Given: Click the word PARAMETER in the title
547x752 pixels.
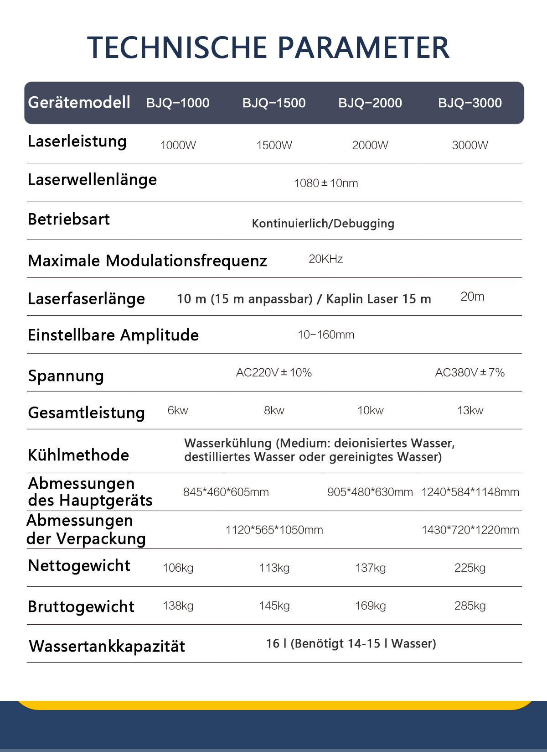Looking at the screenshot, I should click(x=363, y=47).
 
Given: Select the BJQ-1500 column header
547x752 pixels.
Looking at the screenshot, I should click(x=274, y=103).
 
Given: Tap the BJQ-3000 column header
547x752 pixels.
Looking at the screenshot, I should click(x=470, y=103).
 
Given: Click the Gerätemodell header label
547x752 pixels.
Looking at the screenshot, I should click(x=79, y=103).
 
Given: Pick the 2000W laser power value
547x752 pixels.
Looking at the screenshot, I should click(x=370, y=146).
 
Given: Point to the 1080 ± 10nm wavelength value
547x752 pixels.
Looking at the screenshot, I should click(x=326, y=183).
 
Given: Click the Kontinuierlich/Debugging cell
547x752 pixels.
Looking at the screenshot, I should click(x=323, y=224).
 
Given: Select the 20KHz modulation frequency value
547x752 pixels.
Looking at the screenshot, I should click(x=325, y=259).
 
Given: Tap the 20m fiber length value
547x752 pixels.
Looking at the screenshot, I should click(x=472, y=297).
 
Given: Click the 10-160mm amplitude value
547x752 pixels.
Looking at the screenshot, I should click(x=326, y=335).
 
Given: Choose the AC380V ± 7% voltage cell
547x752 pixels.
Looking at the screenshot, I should click(x=470, y=373).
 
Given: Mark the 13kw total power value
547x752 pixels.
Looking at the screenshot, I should click(x=470, y=411).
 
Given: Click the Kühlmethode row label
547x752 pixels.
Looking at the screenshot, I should click(x=78, y=455).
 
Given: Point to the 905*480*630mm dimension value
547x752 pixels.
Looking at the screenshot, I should click(x=370, y=492).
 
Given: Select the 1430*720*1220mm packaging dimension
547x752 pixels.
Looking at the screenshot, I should click(x=470, y=530).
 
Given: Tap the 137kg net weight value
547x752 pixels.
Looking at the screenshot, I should click(x=370, y=568).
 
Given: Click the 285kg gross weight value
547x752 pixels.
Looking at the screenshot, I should click(x=470, y=606).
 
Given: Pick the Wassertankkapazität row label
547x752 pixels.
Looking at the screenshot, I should click(x=107, y=647).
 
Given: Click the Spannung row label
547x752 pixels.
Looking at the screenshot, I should click(x=66, y=376).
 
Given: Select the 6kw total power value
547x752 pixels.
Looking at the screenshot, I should click(x=178, y=411).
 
